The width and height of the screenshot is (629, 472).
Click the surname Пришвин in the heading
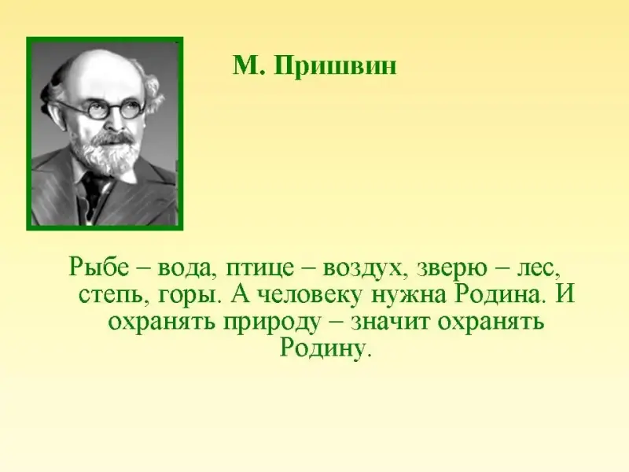[336, 66]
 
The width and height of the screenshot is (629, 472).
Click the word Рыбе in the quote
[99, 266]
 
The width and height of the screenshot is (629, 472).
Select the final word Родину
[323, 347]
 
